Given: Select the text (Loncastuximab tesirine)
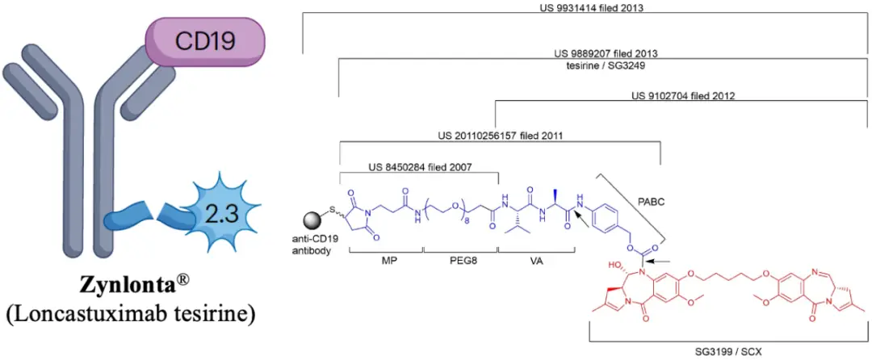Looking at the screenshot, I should click(x=130, y=313).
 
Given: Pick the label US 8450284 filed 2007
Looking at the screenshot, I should click(x=419, y=167).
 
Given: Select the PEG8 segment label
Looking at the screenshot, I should click(x=457, y=261).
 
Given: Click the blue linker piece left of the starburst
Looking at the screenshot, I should click(x=129, y=216).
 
